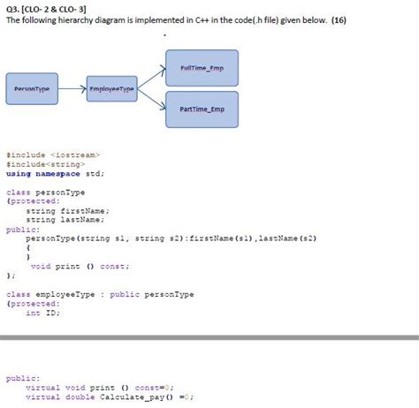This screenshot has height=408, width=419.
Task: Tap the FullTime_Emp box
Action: tap(202, 69)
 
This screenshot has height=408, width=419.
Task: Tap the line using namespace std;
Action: tap(55, 173)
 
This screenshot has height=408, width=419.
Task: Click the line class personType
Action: tap(42, 192)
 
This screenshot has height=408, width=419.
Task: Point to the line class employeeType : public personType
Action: tap(99, 294)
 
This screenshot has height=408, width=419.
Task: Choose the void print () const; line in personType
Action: tap(80, 266)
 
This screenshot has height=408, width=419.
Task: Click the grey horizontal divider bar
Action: tap(209, 336)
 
